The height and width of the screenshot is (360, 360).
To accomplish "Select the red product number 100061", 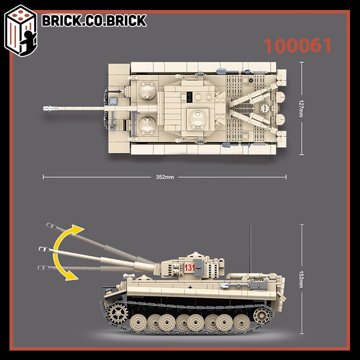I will (x=297, y=45).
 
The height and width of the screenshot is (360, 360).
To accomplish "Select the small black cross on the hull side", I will (x=190, y=287).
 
